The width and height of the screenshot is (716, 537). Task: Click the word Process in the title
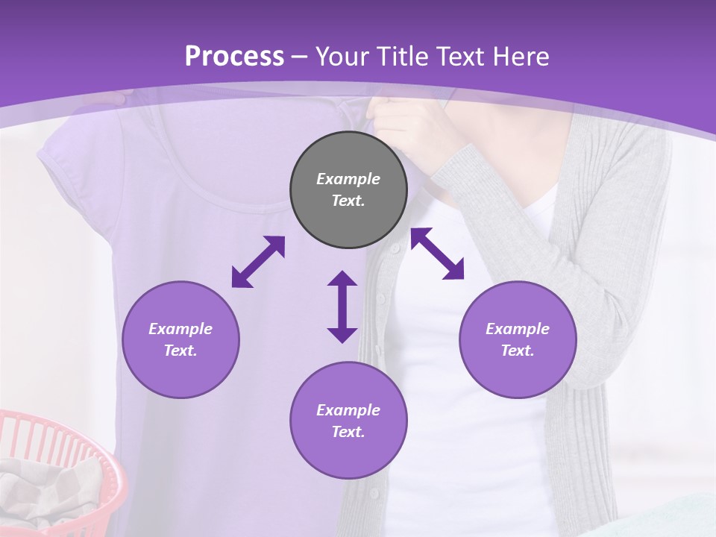click(234, 57)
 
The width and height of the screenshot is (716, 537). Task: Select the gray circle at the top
click(348, 190)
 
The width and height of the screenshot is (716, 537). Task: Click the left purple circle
click(180, 339)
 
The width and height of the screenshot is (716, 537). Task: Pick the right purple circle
click(518, 339)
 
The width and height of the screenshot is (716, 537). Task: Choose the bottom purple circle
click(348, 421)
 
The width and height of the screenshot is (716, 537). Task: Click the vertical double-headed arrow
click(342, 307)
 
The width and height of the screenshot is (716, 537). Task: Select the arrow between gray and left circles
click(258, 262)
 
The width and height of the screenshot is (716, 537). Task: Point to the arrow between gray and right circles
click(437, 254)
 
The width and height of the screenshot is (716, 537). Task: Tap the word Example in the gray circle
click(348, 179)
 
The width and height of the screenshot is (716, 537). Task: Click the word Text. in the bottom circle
click(348, 432)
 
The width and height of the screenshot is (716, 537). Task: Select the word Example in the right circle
click(518, 329)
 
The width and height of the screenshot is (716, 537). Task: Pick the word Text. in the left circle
click(180, 351)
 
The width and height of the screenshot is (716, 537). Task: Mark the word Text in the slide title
click(459, 57)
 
